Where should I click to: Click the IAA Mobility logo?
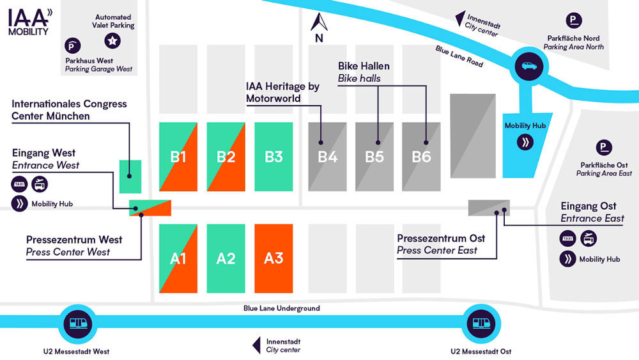click(x=30, y=22)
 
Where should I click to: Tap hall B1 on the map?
click(x=178, y=157)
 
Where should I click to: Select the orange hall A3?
click(x=273, y=258)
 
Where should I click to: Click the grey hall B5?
click(x=374, y=157)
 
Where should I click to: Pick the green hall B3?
click(x=273, y=157)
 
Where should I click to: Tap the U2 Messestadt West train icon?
click(x=78, y=324)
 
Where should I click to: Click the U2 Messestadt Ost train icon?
click(x=481, y=324)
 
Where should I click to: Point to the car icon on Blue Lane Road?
click(x=529, y=66)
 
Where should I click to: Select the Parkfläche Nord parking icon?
click(x=574, y=20)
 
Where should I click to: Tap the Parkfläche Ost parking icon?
click(x=604, y=147)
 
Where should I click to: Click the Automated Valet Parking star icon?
click(x=112, y=41)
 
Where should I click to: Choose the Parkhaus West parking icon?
click(x=73, y=45)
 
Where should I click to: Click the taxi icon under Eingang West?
click(x=19, y=184)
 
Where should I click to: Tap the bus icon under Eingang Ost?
click(x=588, y=239)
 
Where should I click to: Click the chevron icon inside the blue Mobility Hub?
click(x=525, y=143)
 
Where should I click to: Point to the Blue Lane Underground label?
click(x=282, y=308)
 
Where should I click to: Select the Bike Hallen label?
click(x=364, y=66)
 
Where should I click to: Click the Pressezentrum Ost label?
click(x=441, y=238)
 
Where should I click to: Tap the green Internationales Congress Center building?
click(x=130, y=176)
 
